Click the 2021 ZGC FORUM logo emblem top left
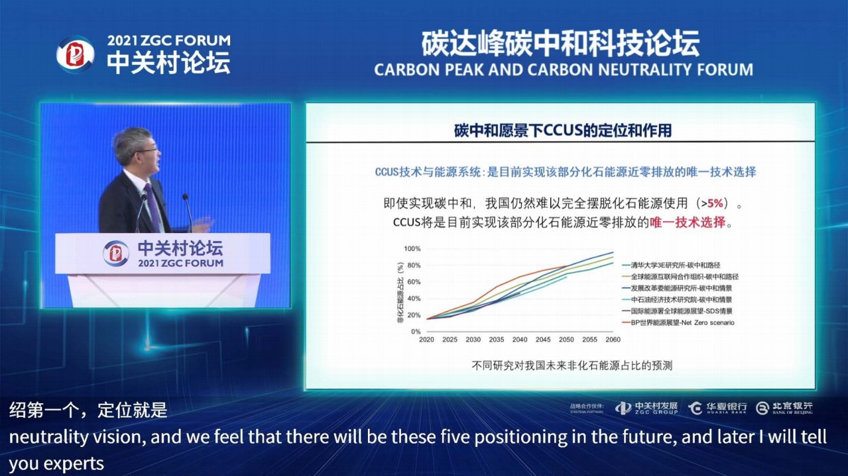click(75, 54)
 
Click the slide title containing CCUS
click(562, 130)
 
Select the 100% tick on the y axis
click(412, 249)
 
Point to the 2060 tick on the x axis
click(613, 340)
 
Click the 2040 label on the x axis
click(520, 340)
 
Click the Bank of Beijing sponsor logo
click(784, 408)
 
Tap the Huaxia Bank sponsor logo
click(717, 408)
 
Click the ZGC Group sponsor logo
click(646, 408)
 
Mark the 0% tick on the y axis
click(415, 331)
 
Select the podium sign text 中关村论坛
click(180, 248)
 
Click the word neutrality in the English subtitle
click(40, 438)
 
